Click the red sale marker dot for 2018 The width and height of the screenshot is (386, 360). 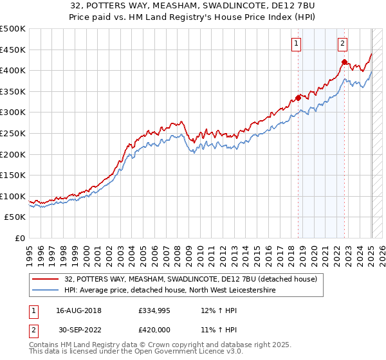pos(298,98)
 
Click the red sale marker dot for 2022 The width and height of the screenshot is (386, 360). pos(344,62)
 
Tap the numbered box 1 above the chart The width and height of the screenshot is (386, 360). pos(296,44)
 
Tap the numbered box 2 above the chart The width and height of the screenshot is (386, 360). pos(342,44)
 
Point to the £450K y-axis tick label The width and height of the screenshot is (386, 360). pos(13,50)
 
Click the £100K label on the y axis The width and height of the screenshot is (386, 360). pos(13,196)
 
